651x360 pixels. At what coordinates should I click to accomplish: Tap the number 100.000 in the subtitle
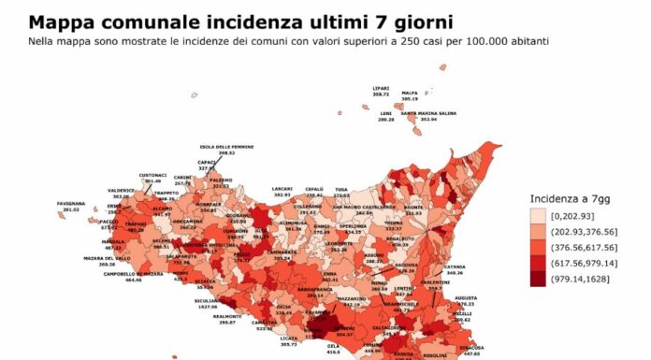pos(486,42)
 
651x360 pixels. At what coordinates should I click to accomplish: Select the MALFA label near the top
pos(410,93)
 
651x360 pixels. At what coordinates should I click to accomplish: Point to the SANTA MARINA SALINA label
pos(428,114)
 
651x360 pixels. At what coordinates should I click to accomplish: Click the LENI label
pos(385,114)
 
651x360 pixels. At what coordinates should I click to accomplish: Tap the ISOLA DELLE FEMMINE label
pos(226,147)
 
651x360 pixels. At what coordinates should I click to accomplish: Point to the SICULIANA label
pos(207,301)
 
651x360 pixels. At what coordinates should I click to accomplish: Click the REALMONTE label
pos(227,316)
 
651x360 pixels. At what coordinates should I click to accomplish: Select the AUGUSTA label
pos(465,298)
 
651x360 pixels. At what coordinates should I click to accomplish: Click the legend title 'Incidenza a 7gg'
pos(567,199)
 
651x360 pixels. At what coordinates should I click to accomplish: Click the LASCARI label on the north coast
pos(282,189)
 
